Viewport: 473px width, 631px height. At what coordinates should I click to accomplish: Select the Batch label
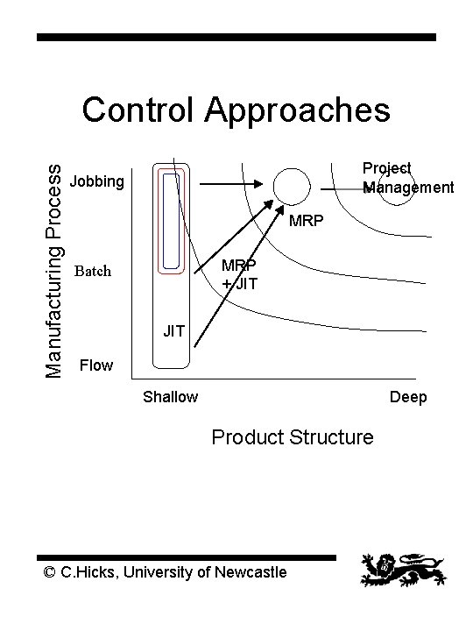pos(93,271)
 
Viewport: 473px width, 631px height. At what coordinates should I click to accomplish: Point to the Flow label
pos(96,365)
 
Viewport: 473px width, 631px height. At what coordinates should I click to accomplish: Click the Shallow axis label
pos(170,397)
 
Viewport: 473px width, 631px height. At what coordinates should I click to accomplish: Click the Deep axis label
pos(408,397)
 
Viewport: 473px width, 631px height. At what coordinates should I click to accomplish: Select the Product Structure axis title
pos(293,436)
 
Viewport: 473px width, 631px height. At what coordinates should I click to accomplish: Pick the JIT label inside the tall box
pos(173,330)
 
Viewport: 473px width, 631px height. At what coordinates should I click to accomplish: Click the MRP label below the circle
pos(307,220)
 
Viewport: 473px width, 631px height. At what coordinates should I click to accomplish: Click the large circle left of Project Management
pos(291,185)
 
